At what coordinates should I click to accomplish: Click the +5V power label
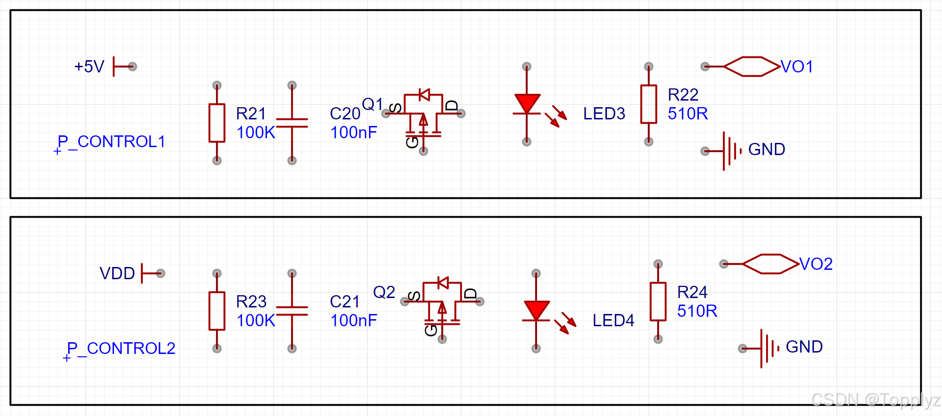pyautogui.click(x=89, y=66)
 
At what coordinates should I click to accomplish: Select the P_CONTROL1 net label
pyautogui.click(x=111, y=141)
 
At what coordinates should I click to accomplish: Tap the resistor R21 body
pyautogui.click(x=217, y=123)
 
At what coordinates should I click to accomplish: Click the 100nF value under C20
pyautogui.click(x=353, y=133)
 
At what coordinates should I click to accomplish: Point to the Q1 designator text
pyautogui.click(x=373, y=104)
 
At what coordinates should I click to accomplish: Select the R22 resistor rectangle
pyautogui.click(x=649, y=104)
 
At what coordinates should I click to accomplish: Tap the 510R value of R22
pyautogui.click(x=688, y=114)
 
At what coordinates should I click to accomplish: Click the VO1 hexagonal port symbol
pyautogui.click(x=752, y=66)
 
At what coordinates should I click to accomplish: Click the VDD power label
pyautogui.click(x=117, y=273)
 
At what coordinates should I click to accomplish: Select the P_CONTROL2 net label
pyautogui.click(x=121, y=348)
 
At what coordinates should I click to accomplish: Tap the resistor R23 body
pyautogui.click(x=217, y=311)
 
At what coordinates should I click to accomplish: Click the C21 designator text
pyautogui.click(x=345, y=301)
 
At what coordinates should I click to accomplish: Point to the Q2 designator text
pyautogui.click(x=384, y=292)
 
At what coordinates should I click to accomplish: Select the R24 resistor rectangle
pyautogui.click(x=658, y=301)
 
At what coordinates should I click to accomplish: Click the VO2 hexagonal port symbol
pyautogui.click(x=771, y=264)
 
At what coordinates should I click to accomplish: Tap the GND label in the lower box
pyautogui.click(x=804, y=347)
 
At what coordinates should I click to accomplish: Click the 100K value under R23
pyautogui.click(x=256, y=321)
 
